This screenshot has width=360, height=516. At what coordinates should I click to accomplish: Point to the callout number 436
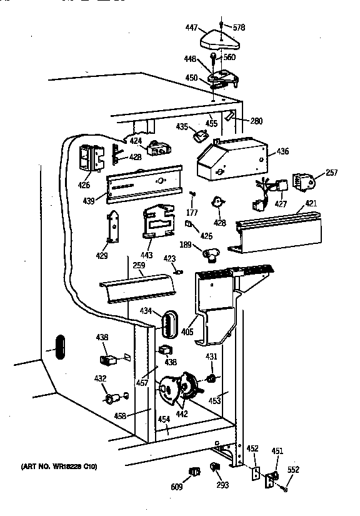coord(282,151)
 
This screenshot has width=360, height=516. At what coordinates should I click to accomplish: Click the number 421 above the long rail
coord(311,204)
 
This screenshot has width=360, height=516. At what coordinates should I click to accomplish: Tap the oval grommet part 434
coord(166,326)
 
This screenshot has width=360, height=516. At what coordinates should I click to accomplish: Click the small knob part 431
coord(212,378)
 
